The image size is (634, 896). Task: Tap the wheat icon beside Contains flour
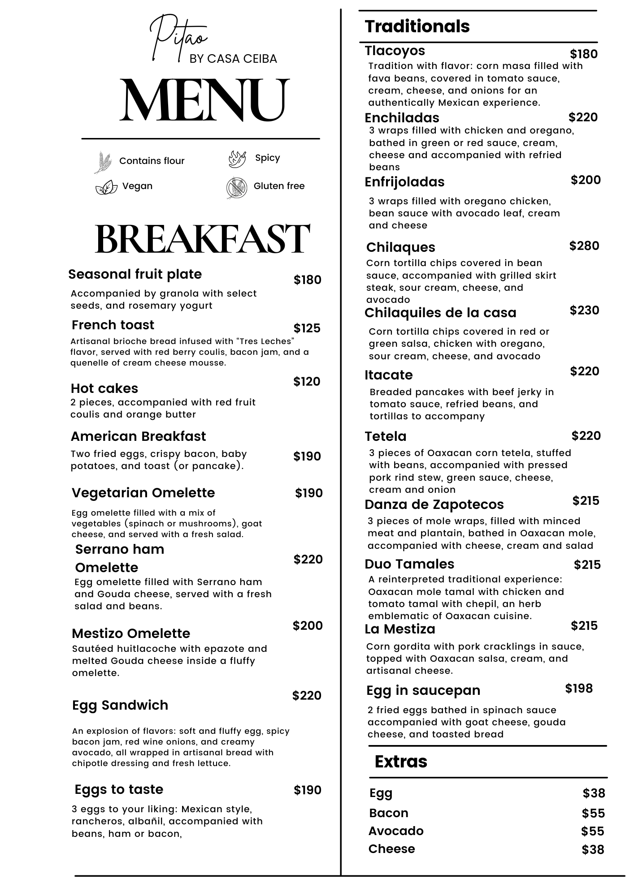click(x=104, y=162)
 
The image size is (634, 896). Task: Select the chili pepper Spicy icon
click(x=237, y=159)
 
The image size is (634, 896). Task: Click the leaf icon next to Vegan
click(x=106, y=187)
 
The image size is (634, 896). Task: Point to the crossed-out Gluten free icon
click(x=237, y=188)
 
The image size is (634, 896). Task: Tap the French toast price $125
click(x=307, y=328)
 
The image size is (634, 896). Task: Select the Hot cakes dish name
click(x=104, y=388)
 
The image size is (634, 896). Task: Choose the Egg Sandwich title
click(x=120, y=705)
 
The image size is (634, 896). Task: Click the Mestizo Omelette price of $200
click(x=308, y=626)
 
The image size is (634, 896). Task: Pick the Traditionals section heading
click(x=417, y=26)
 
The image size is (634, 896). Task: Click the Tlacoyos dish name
click(x=395, y=51)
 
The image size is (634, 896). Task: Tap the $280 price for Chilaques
click(x=584, y=246)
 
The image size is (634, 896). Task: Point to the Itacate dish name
click(x=388, y=375)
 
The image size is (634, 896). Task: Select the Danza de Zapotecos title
click(x=434, y=504)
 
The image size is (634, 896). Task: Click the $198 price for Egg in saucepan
click(x=579, y=689)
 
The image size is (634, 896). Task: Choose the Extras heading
click(x=401, y=762)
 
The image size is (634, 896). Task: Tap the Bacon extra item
click(x=389, y=813)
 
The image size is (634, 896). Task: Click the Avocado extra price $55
click(x=593, y=831)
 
